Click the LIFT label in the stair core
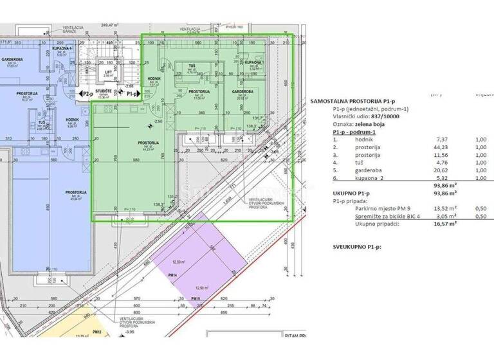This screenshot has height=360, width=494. pyautogui.click(x=109, y=71)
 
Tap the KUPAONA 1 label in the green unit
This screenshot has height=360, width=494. pyautogui.click(x=253, y=62)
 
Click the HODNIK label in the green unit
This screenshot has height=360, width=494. pyautogui.click(x=154, y=78)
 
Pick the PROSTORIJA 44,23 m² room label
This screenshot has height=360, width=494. pyautogui.click(x=149, y=143)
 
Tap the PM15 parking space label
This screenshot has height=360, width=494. pyautogui.click(x=196, y=299)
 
